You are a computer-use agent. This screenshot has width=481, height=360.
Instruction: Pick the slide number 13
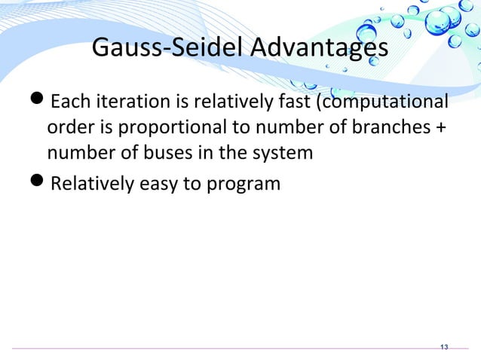[443, 347]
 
